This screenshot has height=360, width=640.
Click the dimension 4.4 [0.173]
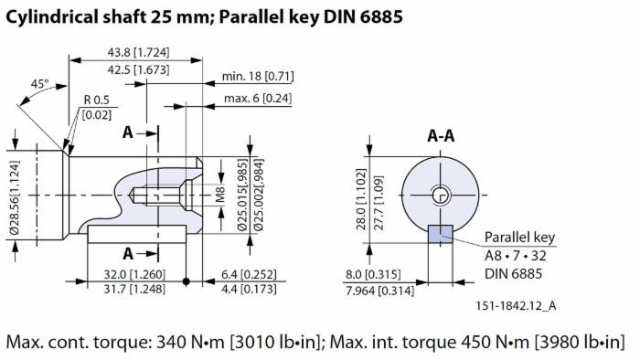pyautogui.click(x=235, y=289)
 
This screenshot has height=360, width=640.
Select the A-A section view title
pyautogui.click(x=442, y=136)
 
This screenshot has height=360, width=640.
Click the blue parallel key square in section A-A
pyautogui.click(x=441, y=234)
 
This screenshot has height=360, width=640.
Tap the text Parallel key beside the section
pyautogui.click(x=519, y=238)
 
